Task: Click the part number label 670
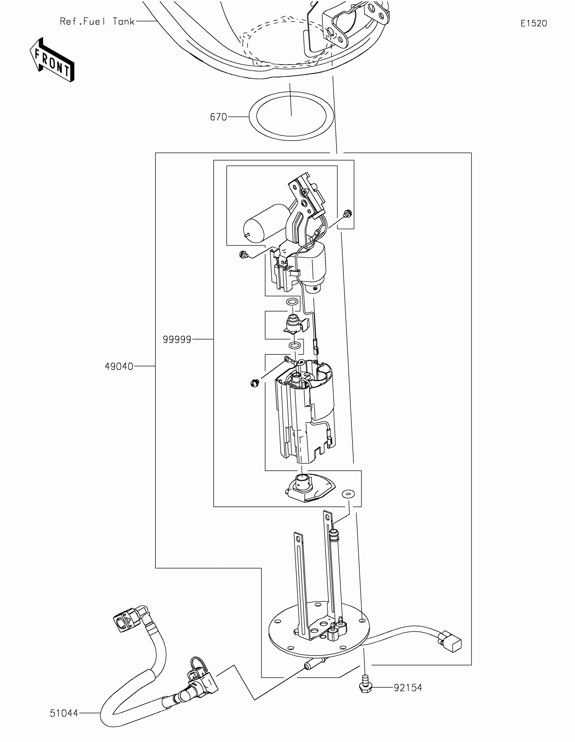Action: click(x=218, y=117)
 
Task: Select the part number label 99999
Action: click(x=177, y=339)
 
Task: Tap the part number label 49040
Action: click(x=119, y=367)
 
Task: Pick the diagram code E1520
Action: click(x=533, y=23)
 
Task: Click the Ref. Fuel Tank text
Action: click(x=97, y=22)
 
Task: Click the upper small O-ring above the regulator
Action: click(x=292, y=301)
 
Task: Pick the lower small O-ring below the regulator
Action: click(x=295, y=346)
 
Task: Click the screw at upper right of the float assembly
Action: click(x=347, y=214)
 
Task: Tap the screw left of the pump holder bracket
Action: click(x=244, y=254)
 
